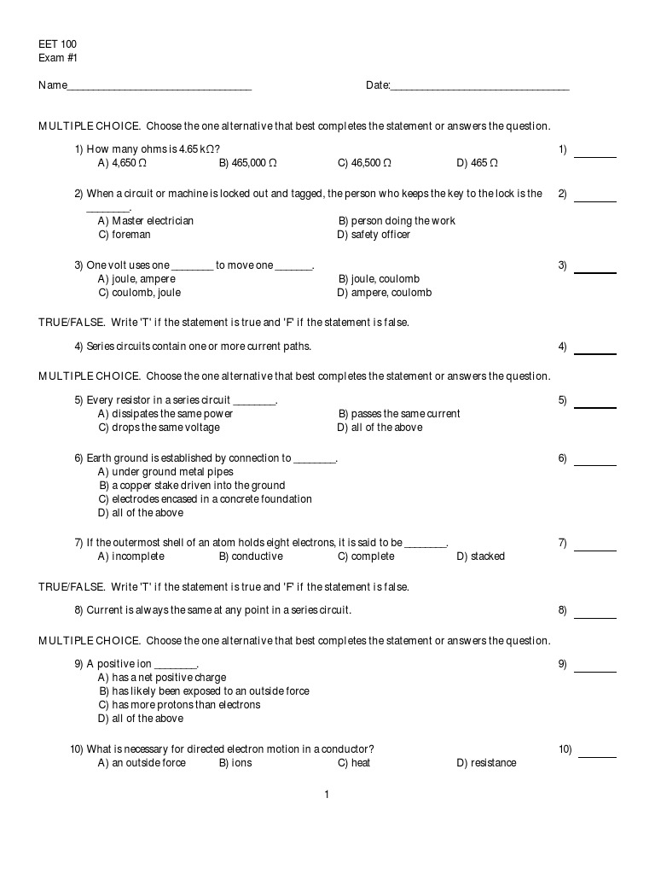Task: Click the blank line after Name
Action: coord(159,88)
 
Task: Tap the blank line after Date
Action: coord(480,88)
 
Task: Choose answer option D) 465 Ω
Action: coord(477,163)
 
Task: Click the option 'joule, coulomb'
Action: coord(379,279)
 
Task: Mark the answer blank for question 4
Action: coord(595,352)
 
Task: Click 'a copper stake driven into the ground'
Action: coord(192,486)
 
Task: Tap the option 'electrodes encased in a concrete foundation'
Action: coord(205,499)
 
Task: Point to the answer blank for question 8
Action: coord(595,615)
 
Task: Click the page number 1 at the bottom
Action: coord(327,795)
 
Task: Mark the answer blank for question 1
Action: coord(595,155)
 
